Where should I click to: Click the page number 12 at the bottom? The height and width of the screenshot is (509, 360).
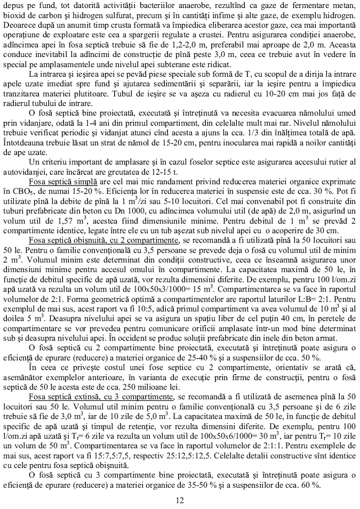tap(180, 499)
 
